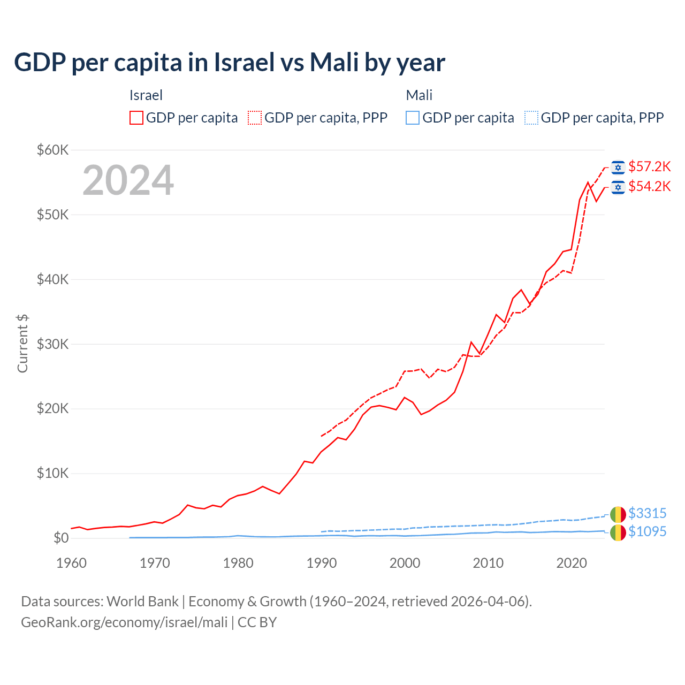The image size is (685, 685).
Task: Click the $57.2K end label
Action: tap(649, 167)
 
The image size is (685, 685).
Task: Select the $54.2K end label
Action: tap(649, 187)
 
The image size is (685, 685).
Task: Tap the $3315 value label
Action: tap(647, 514)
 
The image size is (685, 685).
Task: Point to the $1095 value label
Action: tap(647, 532)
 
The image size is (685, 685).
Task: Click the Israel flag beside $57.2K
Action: tap(618, 168)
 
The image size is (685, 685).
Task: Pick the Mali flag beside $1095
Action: tap(618, 532)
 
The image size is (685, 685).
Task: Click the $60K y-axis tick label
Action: tap(53, 150)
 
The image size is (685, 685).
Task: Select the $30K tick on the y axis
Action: tap(53, 344)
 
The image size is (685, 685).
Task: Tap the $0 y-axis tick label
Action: tap(61, 538)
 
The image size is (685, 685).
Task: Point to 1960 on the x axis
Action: tap(71, 563)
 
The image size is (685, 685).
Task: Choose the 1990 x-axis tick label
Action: tap(322, 563)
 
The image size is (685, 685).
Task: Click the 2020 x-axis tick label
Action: tap(572, 563)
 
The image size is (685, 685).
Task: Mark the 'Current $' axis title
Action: tap(22, 344)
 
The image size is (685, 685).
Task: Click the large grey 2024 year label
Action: tap(128, 181)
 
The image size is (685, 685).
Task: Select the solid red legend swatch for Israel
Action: tap(136, 118)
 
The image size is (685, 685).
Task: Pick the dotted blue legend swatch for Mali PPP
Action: tap(531, 118)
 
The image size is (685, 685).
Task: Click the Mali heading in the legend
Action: tap(419, 96)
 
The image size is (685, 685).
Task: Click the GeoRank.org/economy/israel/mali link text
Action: tap(124, 622)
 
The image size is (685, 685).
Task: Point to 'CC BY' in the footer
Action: tap(257, 622)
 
